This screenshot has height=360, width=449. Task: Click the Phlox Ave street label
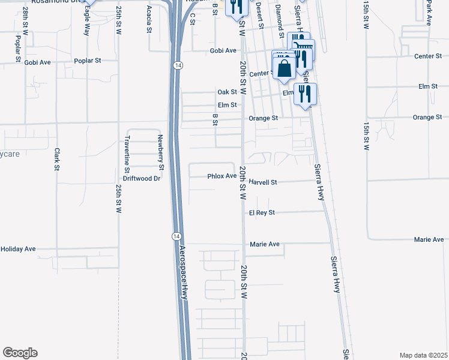pos(222,176)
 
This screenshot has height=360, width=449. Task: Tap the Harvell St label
pos(262,182)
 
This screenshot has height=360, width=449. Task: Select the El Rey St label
pos(262,213)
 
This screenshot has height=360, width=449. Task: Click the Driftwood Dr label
pos(142,178)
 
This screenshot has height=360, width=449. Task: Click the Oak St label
pos(228,92)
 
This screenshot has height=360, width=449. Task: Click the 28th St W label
pos(25,20)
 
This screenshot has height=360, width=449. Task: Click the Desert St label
pos(260,15)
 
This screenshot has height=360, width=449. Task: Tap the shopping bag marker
pos(285,68)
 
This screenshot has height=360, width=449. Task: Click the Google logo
pos(20,353)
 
